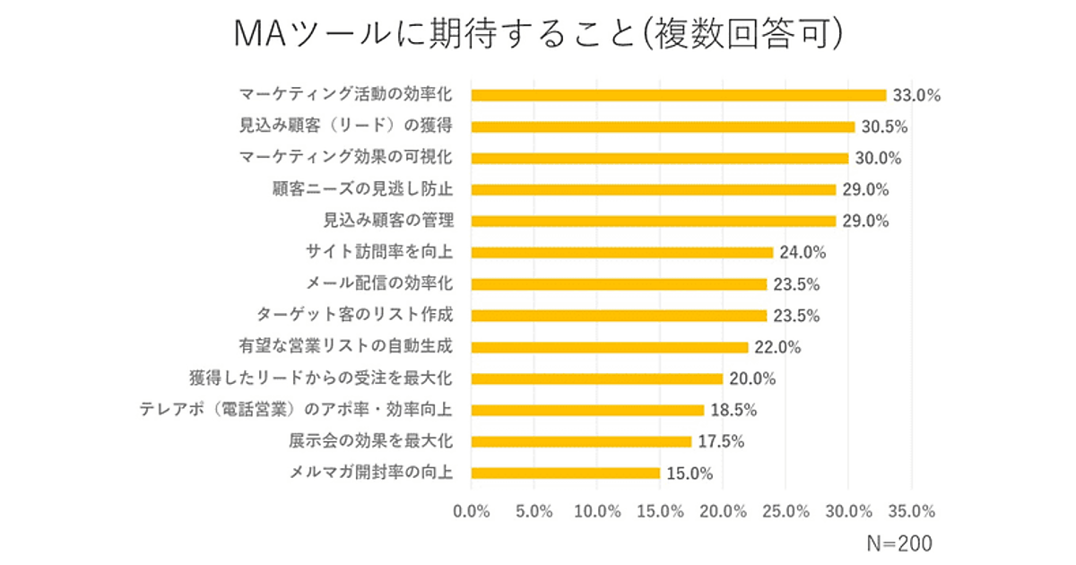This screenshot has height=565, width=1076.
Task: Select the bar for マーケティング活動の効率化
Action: pos(679,95)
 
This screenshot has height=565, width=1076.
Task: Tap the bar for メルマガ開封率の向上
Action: pos(566,473)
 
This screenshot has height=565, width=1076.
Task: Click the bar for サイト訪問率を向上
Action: pos(622,252)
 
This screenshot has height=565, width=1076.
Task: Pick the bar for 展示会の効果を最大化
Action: pos(581,441)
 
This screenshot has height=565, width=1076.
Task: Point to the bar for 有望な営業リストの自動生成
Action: pos(610,347)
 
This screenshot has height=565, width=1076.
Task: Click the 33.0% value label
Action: pos(915,95)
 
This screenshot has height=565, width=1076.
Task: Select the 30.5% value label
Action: pos(883,127)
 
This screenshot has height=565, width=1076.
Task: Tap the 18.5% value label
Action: pos(733,410)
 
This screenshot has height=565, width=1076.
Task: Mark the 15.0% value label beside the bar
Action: pos(689,473)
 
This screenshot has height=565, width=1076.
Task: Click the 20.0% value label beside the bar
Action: pos(751,378)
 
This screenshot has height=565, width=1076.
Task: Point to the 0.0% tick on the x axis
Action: pos(472,511)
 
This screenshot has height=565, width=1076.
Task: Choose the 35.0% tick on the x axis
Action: pos(911,511)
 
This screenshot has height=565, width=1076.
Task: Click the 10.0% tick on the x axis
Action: pos(597,511)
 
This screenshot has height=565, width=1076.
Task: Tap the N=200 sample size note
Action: pos(899,543)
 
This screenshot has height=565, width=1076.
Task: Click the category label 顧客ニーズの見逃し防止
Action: pos(362,189)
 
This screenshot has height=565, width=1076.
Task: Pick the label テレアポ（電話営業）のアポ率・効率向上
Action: pos(296,410)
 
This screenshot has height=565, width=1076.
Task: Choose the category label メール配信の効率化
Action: pos(379,284)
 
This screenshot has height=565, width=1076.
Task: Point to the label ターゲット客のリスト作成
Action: pos(354,316)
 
